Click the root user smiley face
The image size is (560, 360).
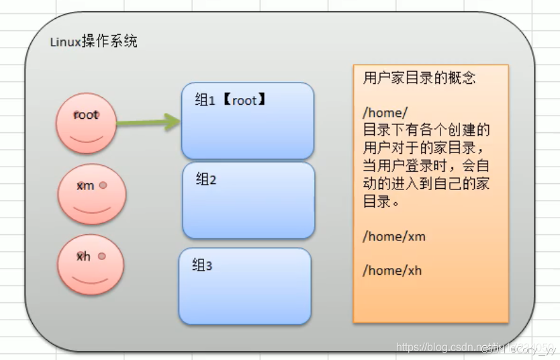(86, 123)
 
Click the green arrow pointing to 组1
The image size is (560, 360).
(148, 122)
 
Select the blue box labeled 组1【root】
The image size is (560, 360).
(247, 121)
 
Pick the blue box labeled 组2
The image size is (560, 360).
(248, 200)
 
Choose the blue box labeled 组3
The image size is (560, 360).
(244, 286)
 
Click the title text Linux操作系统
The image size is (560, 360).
(94, 42)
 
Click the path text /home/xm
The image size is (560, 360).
(394, 236)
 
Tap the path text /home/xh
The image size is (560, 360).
(392, 271)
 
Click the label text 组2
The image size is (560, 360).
(206, 179)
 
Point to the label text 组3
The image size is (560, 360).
(202, 265)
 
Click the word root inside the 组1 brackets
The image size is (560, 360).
(244, 100)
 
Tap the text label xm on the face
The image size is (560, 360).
(85, 186)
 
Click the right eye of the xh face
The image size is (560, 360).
(101, 256)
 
